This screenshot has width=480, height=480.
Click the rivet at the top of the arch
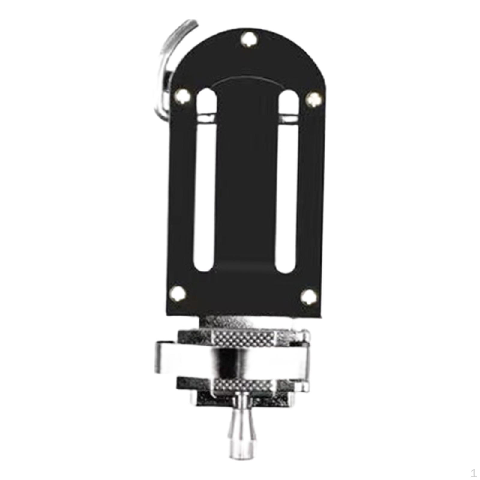coord(249,40)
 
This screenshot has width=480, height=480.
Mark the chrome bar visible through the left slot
coord(206,117)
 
